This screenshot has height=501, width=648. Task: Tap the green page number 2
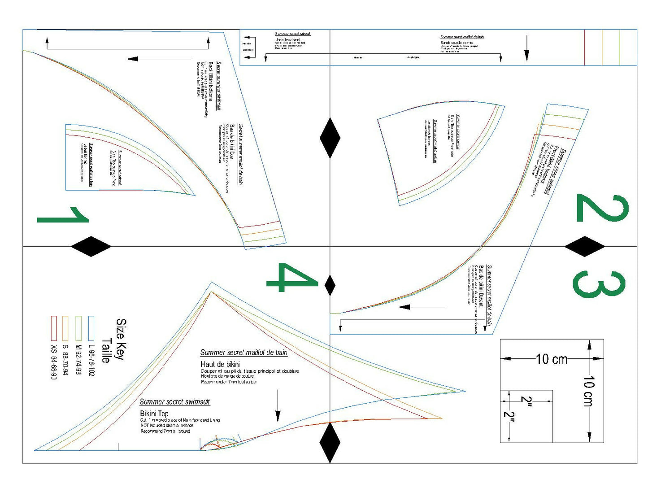tap(602, 208)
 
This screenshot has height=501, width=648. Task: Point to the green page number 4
tap(292, 278)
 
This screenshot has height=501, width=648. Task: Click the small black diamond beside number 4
tap(330, 285)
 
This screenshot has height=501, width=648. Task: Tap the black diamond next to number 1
tap(91, 246)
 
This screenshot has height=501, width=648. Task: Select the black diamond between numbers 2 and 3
tap(584, 246)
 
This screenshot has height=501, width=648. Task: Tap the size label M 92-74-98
tap(78, 360)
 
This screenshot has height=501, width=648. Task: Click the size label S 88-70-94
tap(65, 360)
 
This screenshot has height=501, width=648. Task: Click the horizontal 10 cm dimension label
tap(551, 359)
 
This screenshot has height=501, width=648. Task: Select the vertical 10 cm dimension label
tap(589, 391)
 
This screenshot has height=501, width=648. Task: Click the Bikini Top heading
tap(154, 414)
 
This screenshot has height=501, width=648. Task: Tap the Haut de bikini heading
tap(220, 364)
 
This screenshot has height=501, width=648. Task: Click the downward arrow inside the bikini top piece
tap(278, 406)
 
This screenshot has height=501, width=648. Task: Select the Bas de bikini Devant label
tap(481, 286)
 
